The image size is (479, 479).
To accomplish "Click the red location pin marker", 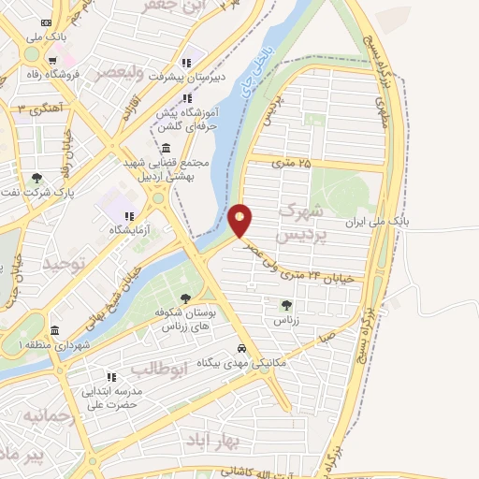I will click(240, 220).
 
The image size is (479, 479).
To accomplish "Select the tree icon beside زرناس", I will click(286, 304).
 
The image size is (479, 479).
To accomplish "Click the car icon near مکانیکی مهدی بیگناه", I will click(241, 348).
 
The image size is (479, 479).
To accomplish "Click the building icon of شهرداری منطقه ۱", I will click(55, 331).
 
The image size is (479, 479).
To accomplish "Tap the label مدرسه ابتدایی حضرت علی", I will click(113, 398).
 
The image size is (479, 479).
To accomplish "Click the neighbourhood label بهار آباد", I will click(239, 440).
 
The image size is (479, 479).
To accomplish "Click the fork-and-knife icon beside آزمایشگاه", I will click(130, 216).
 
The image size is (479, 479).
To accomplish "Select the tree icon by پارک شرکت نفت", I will click(36, 178).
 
